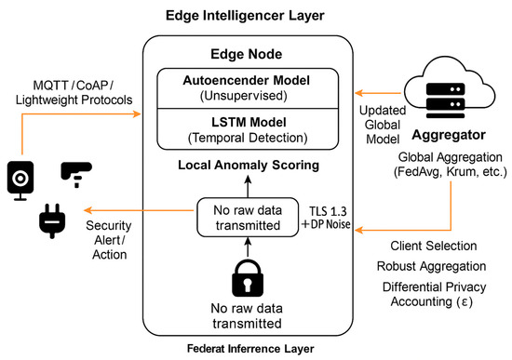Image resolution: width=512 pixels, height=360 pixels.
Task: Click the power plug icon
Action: pyautogui.click(x=47, y=223)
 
